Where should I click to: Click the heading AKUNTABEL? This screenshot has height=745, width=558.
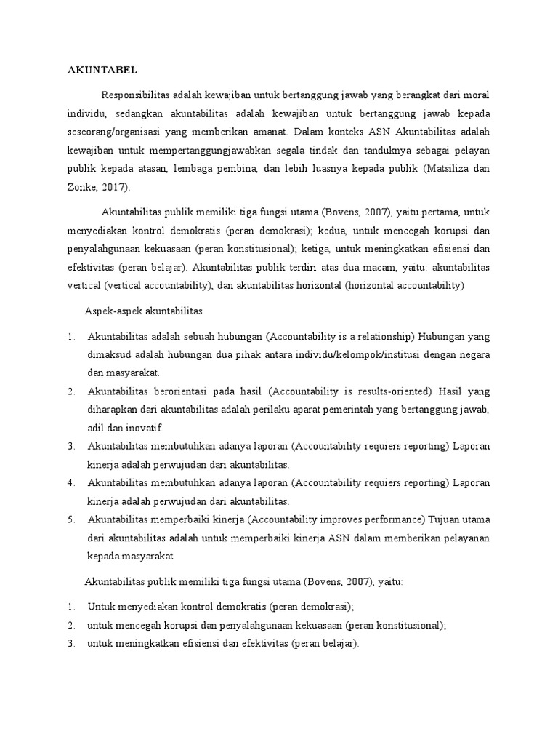coord(102,71)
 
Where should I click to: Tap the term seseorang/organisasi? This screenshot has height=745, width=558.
coord(118,133)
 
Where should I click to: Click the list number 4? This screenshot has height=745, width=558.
coord(71,482)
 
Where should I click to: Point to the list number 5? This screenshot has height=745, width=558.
coord(71,519)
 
